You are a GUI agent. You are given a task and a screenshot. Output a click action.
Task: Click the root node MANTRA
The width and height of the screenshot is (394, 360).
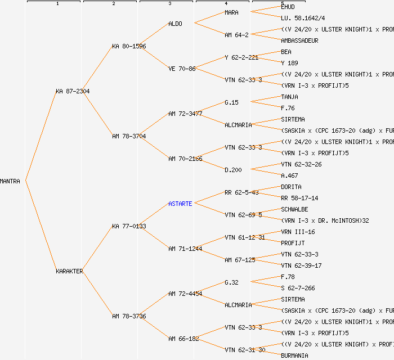point(10,181)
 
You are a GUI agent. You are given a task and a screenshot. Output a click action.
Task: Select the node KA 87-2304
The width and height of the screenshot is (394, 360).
point(73,91)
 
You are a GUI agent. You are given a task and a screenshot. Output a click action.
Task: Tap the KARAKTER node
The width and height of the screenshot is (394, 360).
point(69,271)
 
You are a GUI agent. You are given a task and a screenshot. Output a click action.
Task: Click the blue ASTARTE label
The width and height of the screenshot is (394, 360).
point(180,204)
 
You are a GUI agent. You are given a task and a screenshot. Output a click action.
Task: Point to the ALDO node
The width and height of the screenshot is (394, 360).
point(176,24)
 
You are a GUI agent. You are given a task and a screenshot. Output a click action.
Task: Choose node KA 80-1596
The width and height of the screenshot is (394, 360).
point(129,46)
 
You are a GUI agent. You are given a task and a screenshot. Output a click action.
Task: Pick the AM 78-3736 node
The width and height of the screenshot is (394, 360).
point(129,316)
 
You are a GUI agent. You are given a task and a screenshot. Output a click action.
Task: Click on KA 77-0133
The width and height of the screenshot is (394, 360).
point(129,226)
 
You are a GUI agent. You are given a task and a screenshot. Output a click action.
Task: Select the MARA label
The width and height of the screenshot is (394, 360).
point(231,12)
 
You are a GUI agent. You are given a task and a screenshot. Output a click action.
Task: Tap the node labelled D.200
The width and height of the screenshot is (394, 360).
point(233,170)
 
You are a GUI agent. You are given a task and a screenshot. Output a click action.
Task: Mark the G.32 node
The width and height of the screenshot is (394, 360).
point(231,282)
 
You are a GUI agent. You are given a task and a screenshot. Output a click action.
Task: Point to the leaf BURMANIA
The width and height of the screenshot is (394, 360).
point(294,355)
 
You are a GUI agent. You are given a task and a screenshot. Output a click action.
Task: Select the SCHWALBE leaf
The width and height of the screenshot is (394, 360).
point(294,209)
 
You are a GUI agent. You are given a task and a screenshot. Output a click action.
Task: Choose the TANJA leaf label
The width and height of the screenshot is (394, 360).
point(289,97)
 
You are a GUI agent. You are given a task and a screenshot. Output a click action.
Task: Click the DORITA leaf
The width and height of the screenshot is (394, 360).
point(291,187)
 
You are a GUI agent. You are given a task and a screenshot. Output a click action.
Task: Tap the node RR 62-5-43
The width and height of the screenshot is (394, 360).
point(241,192)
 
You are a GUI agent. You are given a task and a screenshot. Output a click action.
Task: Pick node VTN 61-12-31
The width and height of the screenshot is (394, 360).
point(245,237)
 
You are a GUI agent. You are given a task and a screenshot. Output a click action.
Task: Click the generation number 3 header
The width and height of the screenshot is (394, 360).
point(169,4)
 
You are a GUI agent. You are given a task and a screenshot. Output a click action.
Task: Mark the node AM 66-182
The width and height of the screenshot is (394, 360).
point(183,339)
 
